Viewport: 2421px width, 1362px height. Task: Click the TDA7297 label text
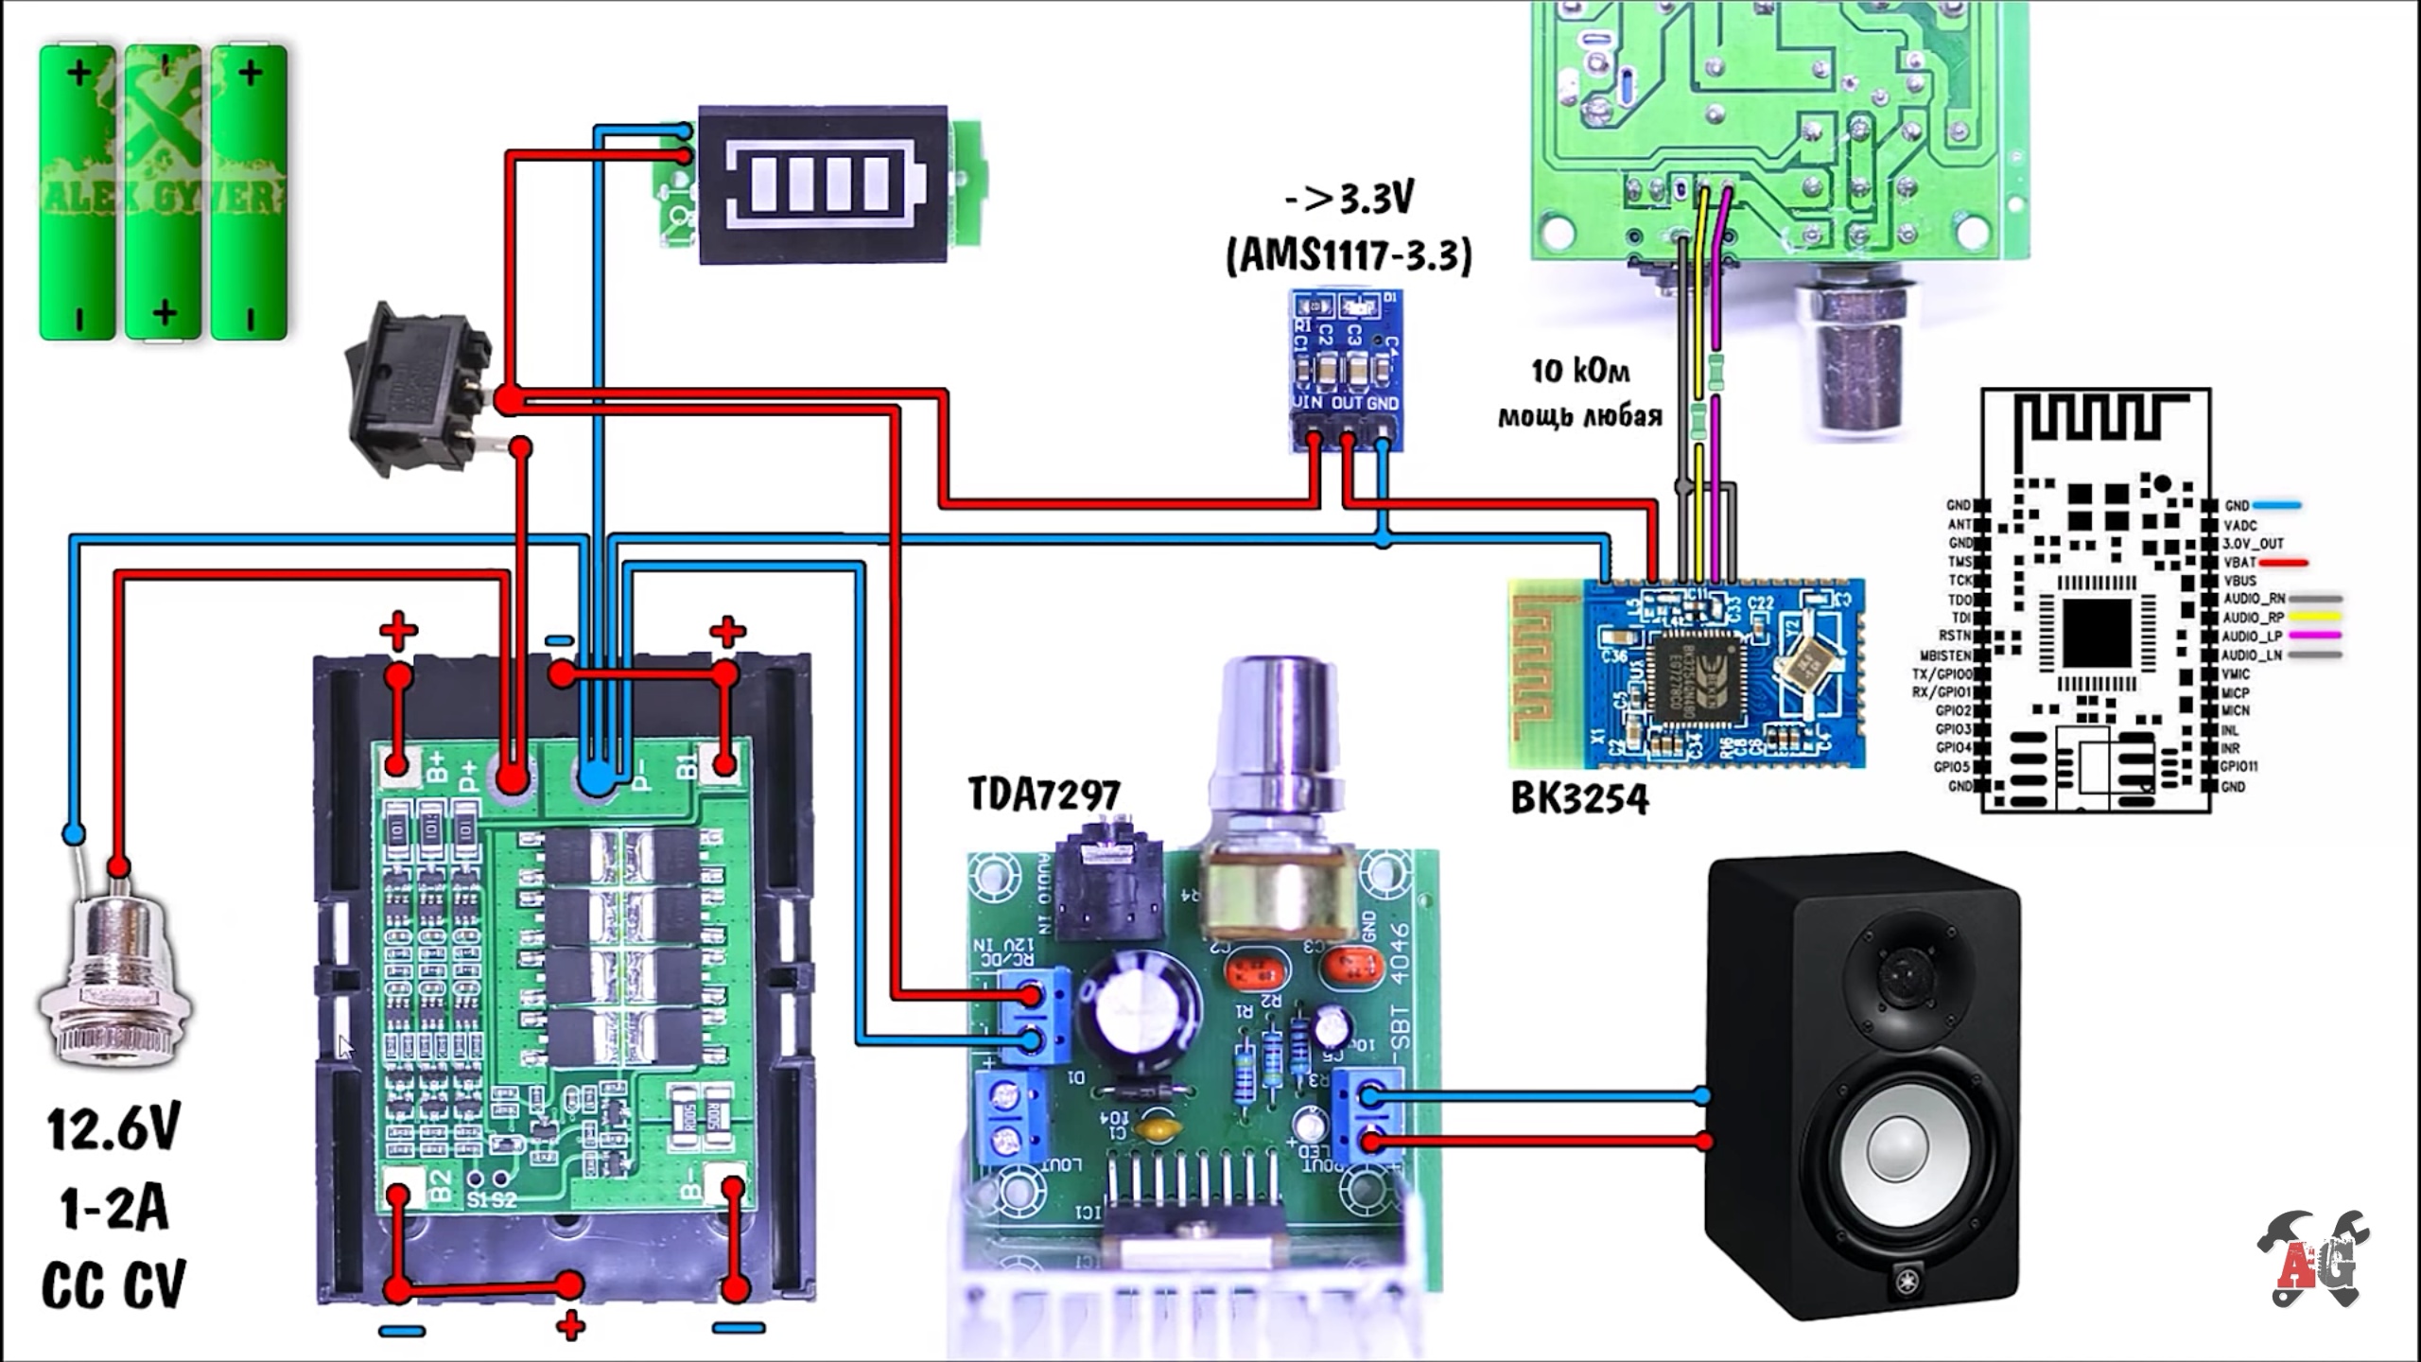[1044, 795]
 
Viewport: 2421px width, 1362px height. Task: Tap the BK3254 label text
[1579, 799]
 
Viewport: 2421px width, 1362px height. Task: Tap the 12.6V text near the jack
[113, 1129]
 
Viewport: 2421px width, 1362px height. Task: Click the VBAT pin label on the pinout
[2239, 563]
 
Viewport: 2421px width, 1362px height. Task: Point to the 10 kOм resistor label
[1580, 372]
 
